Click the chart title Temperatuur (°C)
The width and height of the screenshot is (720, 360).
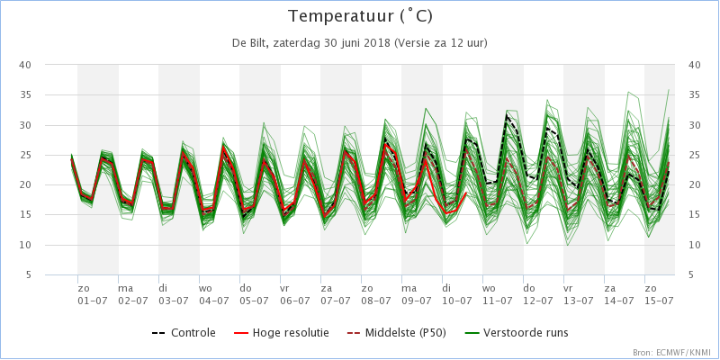(x=360, y=16)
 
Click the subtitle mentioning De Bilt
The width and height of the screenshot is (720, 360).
(x=360, y=43)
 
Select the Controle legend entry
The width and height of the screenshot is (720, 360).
(x=184, y=332)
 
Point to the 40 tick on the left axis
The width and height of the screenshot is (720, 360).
(x=24, y=65)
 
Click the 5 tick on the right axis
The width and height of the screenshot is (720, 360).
(x=691, y=275)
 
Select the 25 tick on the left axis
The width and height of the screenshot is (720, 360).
(x=24, y=155)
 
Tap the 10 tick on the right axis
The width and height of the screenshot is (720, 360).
(x=694, y=245)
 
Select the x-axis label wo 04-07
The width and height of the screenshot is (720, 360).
(x=214, y=294)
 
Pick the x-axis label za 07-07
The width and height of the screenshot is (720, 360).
(x=335, y=294)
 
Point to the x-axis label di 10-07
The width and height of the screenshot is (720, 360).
(x=457, y=294)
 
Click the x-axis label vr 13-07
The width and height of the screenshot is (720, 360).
(x=578, y=294)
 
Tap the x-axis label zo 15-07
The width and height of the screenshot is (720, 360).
(x=659, y=294)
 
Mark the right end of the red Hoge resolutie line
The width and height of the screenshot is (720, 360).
(x=466, y=193)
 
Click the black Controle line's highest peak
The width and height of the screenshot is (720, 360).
(x=507, y=115)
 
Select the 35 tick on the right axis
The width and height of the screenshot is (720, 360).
(x=694, y=95)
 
